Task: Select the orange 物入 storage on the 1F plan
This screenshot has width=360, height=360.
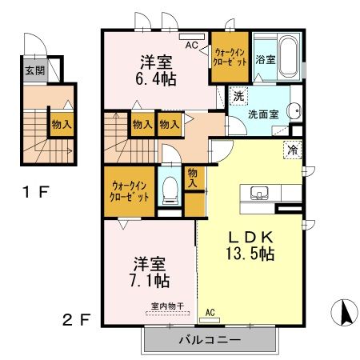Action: (x=61, y=124)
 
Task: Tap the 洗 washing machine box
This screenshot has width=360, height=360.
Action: (x=238, y=96)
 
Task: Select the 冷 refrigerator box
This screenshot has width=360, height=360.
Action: (x=293, y=149)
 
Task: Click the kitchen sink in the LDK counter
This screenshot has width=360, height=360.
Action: (x=260, y=193)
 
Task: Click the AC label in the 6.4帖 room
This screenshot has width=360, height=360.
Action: (x=191, y=46)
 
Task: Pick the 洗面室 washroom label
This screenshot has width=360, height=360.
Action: (x=262, y=114)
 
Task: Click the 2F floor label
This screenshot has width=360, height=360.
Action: (x=76, y=320)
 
